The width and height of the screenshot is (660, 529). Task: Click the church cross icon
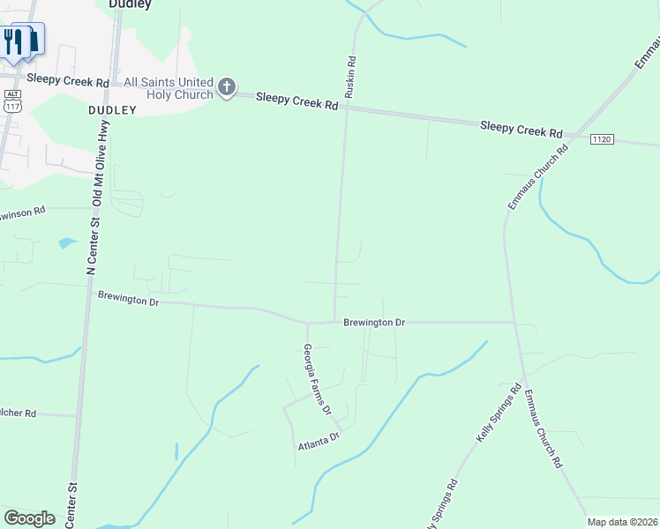[x=227, y=87]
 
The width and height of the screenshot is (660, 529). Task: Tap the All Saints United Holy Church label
[x=169, y=88]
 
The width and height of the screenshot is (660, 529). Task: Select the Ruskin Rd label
[x=350, y=77]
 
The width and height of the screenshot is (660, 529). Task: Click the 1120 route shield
[x=602, y=139]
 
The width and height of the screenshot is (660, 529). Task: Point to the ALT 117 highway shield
[x=12, y=100]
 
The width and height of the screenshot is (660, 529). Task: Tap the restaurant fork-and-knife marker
[x=14, y=41]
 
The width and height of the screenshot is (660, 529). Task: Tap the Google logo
[x=29, y=518]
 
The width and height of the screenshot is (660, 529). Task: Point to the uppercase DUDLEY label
[x=112, y=110]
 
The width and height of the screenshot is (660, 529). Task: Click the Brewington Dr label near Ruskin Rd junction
[x=374, y=324]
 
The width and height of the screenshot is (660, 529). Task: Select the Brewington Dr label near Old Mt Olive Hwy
[x=128, y=301]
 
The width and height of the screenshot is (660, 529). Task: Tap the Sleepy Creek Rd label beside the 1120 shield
[x=521, y=130]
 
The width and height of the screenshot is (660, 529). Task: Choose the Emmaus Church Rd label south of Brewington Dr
[x=543, y=428]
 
